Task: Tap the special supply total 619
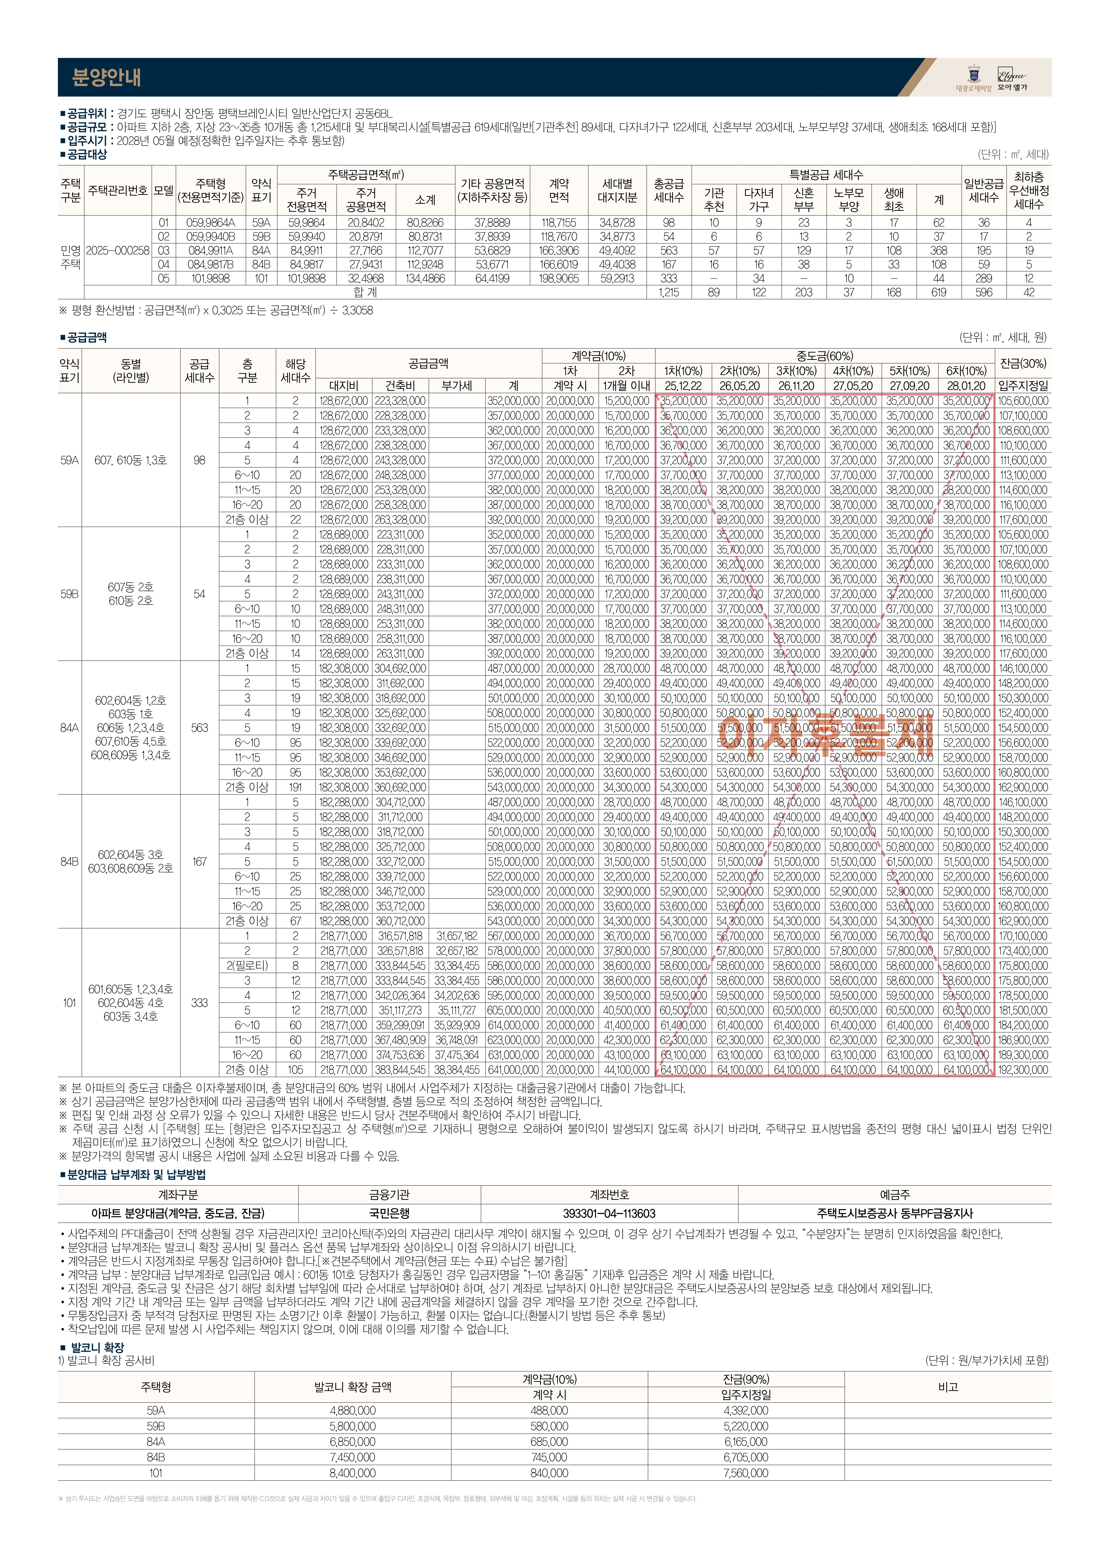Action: tap(938, 292)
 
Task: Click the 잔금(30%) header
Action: tap(1023, 363)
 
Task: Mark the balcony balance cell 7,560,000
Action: tap(746, 1473)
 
